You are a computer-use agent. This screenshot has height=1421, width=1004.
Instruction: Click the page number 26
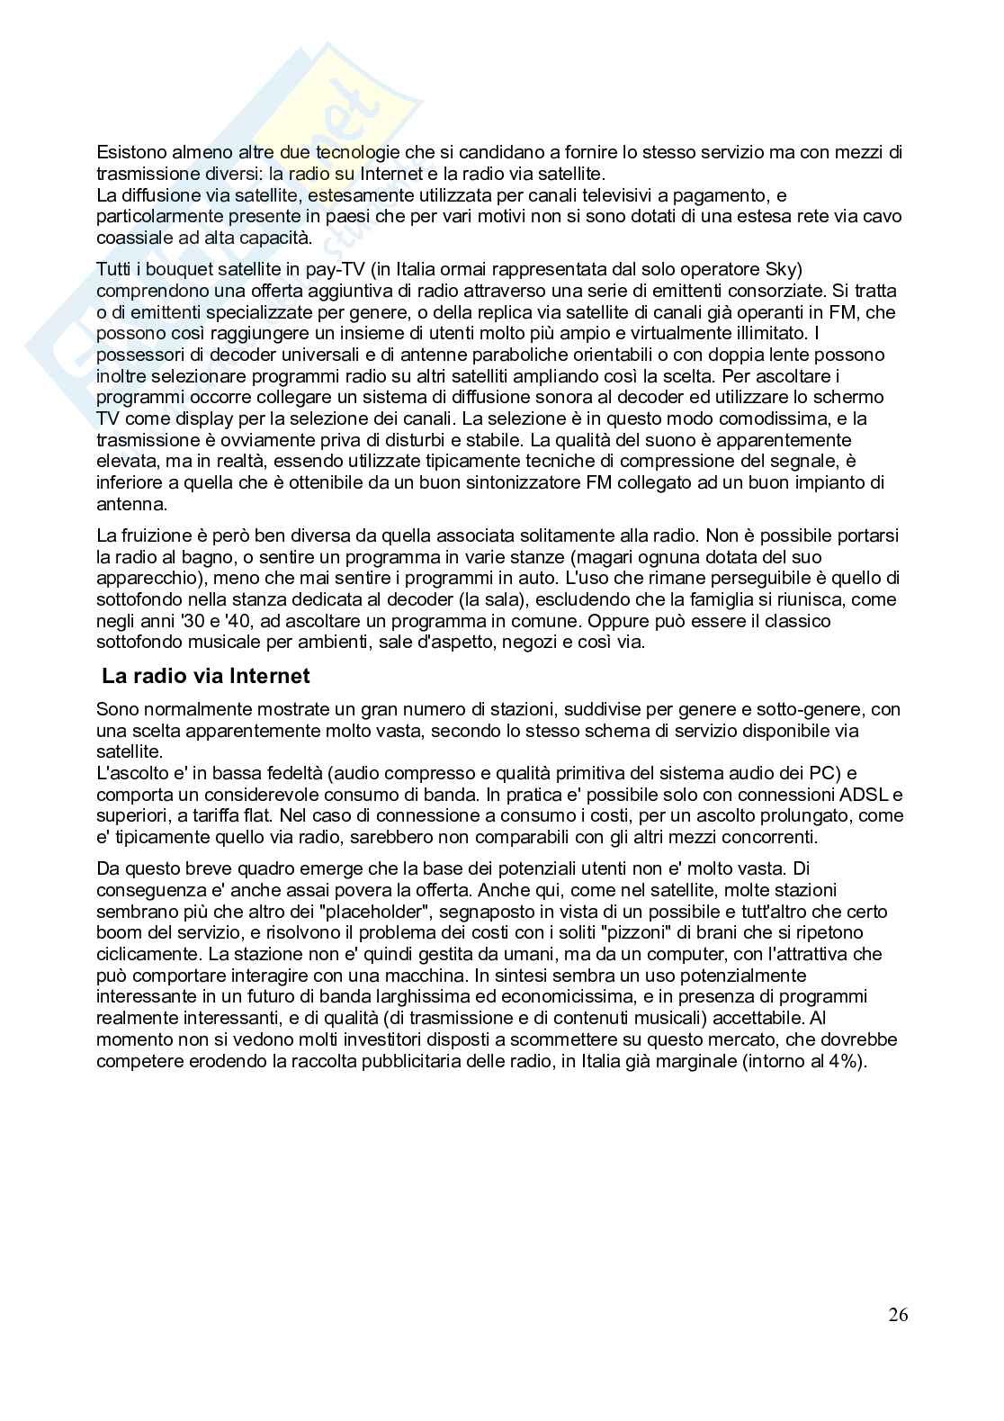898,1315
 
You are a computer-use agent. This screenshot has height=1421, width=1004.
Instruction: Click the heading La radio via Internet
206,675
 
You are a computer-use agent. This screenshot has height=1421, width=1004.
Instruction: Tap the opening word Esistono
129,153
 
